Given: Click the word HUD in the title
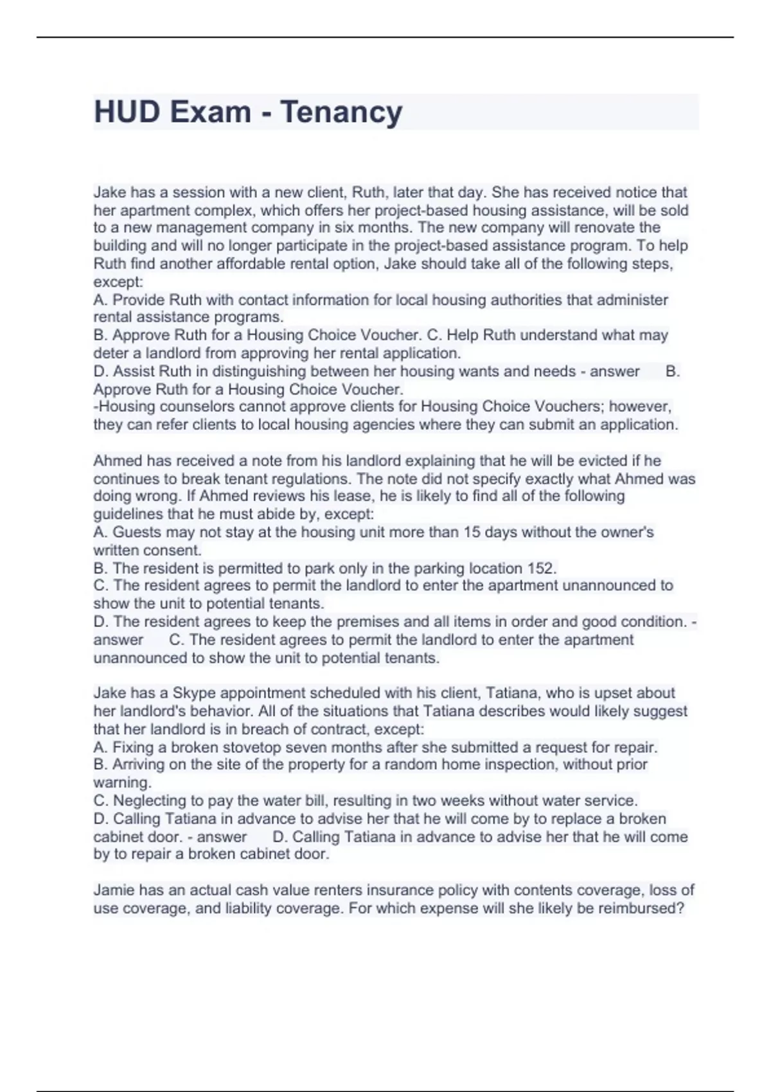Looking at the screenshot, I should pyautogui.click(x=127, y=112).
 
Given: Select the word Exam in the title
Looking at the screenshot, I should pyautogui.click(x=211, y=112).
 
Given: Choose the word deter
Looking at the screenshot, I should pyautogui.click(x=111, y=353).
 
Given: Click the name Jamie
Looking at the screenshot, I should pyautogui.click(x=114, y=890).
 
